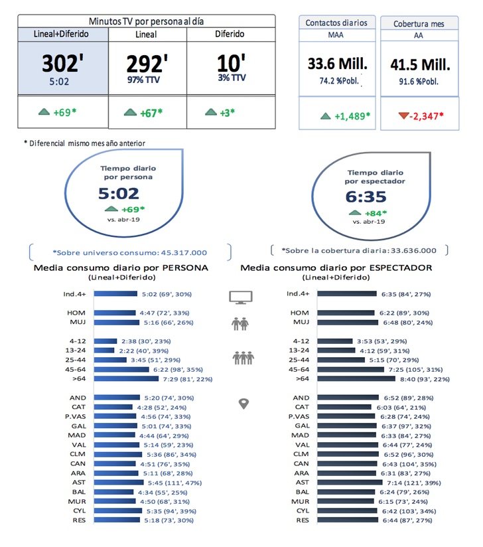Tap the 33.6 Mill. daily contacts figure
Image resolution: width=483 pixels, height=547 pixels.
pyautogui.click(x=338, y=64)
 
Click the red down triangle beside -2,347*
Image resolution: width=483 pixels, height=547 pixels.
pyautogui.click(x=403, y=116)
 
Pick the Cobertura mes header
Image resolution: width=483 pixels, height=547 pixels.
pyautogui.click(x=418, y=23)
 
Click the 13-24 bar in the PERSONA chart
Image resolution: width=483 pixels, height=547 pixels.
pyautogui.click(x=105, y=350)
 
